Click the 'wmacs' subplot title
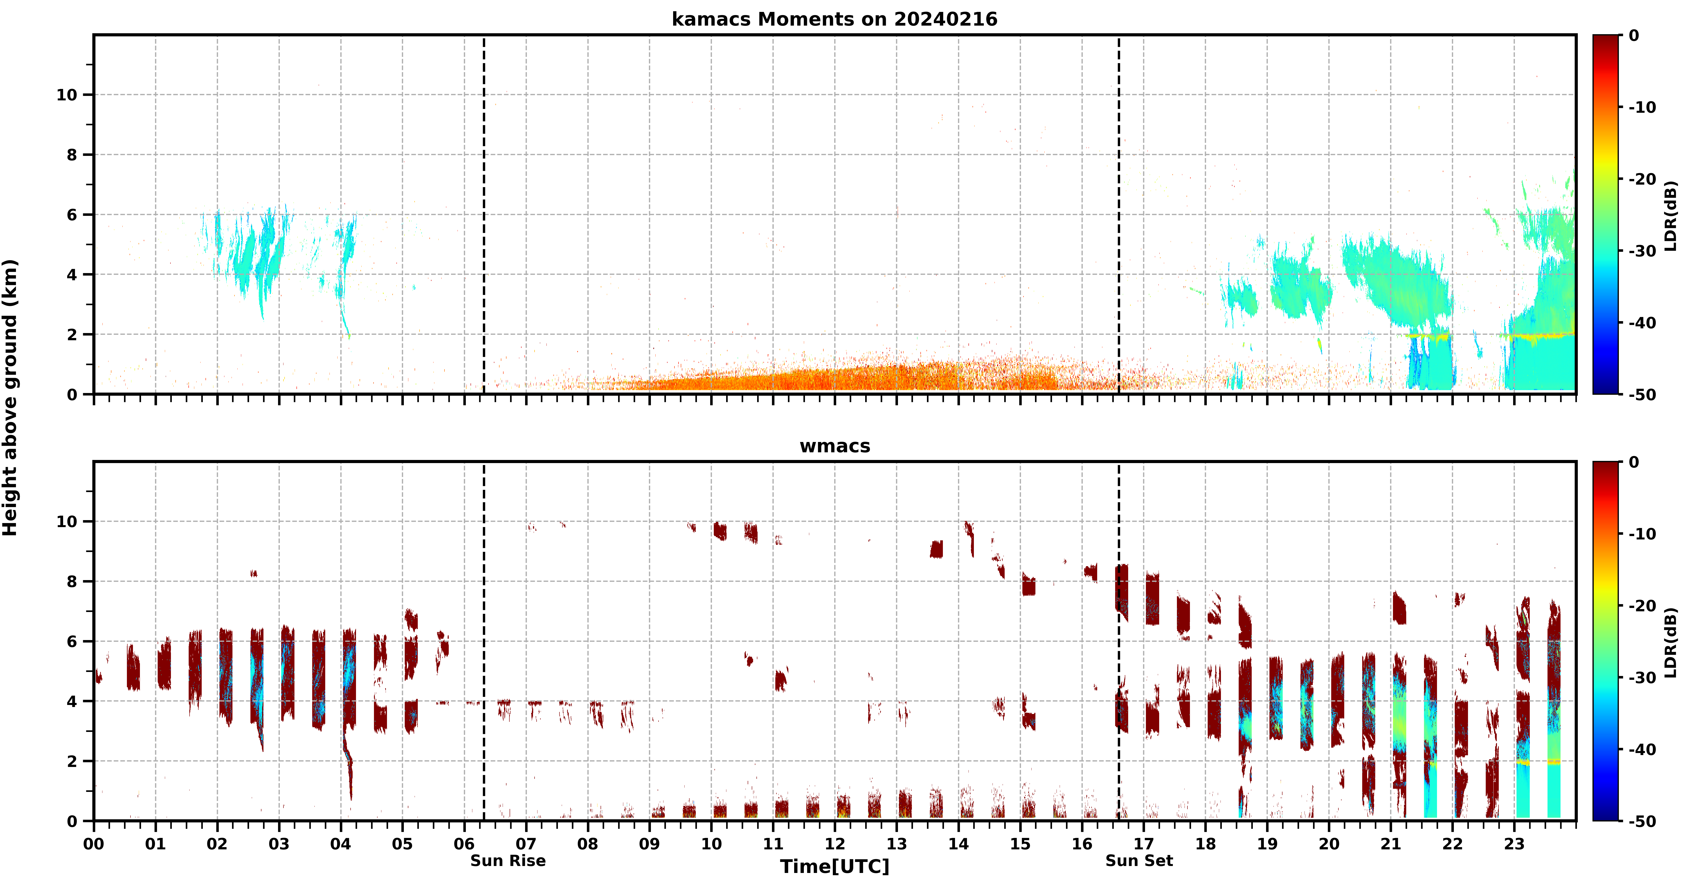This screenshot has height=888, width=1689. click(x=835, y=446)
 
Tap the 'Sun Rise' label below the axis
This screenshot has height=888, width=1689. click(x=508, y=860)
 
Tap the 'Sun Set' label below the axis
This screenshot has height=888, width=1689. click(x=1139, y=860)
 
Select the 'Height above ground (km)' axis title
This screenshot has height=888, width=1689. click(x=10, y=398)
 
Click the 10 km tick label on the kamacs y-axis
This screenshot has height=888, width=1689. click(x=67, y=95)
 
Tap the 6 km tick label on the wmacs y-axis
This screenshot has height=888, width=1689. click(x=72, y=641)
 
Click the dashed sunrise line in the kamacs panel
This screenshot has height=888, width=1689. click(x=484, y=214)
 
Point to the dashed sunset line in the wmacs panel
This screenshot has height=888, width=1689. click(x=1119, y=641)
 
